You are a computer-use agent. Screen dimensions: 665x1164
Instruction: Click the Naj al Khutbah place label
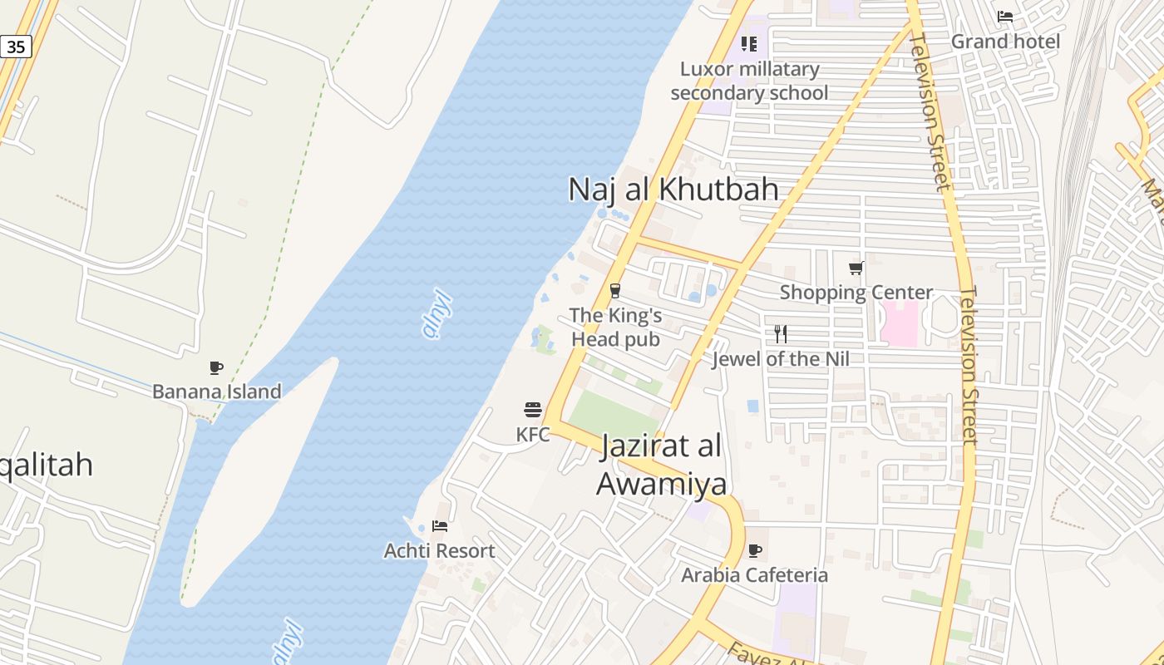click(x=673, y=190)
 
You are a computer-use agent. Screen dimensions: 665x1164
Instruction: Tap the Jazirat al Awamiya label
click(x=662, y=465)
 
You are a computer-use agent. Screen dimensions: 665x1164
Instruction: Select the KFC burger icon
click(x=533, y=409)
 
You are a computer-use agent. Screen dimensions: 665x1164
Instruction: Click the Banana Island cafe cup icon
click(x=216, y=367)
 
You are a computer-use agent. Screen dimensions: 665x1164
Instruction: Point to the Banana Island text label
click(x=216, y=392)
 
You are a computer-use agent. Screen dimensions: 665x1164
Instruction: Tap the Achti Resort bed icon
click(x=440, y=526)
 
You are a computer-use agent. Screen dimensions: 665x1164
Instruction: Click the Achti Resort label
click(x=439, y=551)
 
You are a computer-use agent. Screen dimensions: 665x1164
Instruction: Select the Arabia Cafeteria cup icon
click(x=755, y=550)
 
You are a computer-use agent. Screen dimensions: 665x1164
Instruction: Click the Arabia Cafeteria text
click(x=755, y=575)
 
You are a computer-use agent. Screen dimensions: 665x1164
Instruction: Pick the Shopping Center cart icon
click(x=856, y=268)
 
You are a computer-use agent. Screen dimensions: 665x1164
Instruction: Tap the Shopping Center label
click(x=856, y=293)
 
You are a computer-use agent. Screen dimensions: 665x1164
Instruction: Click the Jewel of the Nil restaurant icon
click(x=781, y=334)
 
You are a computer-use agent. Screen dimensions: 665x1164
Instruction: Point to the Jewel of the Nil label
click(x=781, y=359)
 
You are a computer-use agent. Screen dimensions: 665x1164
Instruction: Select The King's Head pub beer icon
click(x=615, y=291)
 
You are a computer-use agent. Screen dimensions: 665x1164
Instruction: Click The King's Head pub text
click(x=615, y=328)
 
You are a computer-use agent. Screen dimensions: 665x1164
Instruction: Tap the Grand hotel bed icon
click(x=1005, y=17)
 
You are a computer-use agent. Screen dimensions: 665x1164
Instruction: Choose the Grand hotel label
click(x=1005, y=42)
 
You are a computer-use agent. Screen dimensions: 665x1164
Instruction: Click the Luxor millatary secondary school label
click(x=749, y=81)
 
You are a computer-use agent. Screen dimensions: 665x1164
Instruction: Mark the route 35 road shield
click(x=16, y=47)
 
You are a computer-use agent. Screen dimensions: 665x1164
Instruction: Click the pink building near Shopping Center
click(x=899, y=324)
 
